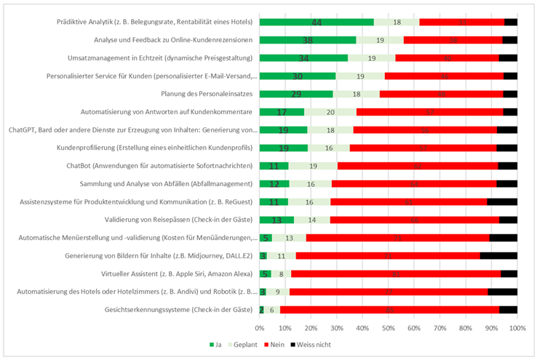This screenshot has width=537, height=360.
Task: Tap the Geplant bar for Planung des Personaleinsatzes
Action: [357, 94]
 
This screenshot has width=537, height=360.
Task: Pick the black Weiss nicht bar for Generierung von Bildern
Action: [498, 255]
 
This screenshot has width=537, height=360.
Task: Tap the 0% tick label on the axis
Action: [260, 328]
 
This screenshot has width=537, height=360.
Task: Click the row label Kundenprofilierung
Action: [179, 148]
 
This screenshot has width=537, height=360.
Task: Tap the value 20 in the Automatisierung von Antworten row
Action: [330, 112]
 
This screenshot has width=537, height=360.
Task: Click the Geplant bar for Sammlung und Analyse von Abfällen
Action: [311, 184]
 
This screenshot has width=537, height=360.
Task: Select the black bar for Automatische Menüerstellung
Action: [503, 238]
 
